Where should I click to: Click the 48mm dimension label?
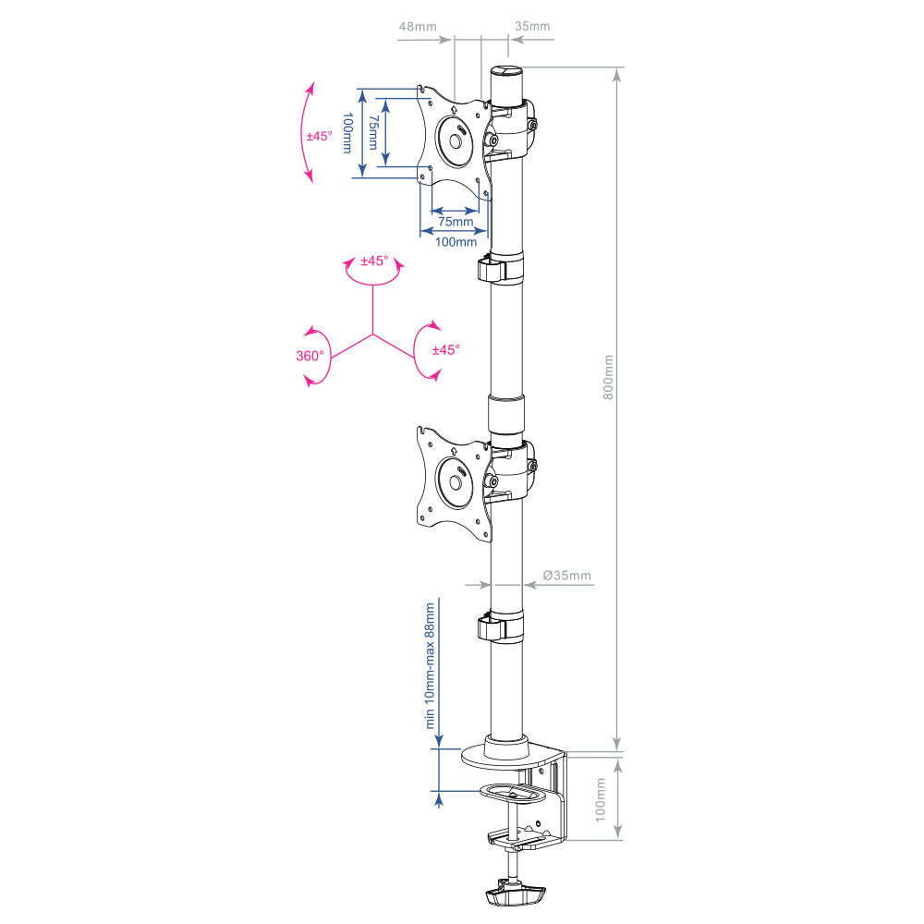(418, 27)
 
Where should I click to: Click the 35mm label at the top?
(532, 27)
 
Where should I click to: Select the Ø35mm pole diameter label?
(567, 576)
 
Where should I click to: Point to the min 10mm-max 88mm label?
(430, 665)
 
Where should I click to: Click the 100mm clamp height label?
(600, 799)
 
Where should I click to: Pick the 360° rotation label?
(310, 356)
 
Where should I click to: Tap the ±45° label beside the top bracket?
(319, 136)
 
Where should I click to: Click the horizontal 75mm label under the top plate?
(456, 222)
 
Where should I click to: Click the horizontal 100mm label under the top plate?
(456, 242)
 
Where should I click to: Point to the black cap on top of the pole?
(505, 70)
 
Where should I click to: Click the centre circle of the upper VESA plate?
(454, 143)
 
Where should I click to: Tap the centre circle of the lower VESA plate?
(454, 481)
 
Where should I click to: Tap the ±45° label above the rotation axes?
(374, 261)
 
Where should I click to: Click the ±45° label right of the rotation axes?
(445, 350)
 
